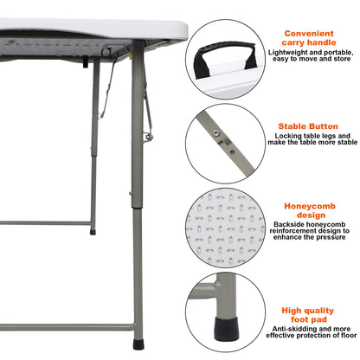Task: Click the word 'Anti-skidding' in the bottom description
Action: (287, 329)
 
